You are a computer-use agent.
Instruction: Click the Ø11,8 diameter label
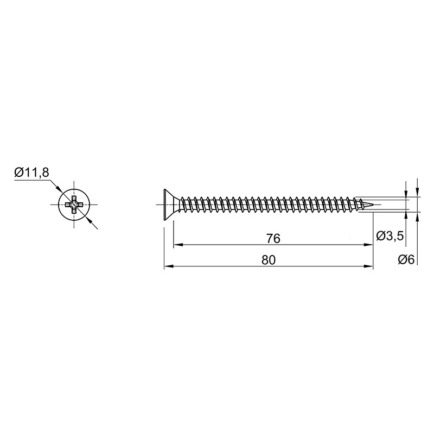[31, 173]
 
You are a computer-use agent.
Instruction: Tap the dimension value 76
[273, 238]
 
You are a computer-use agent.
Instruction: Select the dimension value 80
[269, 260]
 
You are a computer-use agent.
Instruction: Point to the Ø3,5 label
[390, 236]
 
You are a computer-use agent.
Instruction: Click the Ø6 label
[406, 260]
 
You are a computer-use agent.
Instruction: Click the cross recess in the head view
[74, 205]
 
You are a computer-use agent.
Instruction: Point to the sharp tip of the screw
[373, 205]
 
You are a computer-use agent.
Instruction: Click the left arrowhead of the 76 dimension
[178, 245]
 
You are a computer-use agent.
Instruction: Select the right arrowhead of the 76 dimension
[369, 245]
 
